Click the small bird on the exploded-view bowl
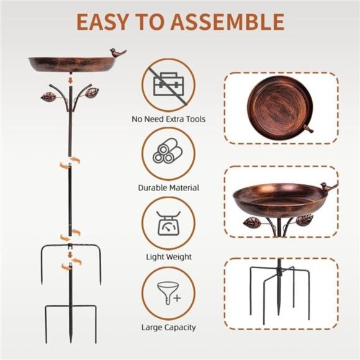[118, 53]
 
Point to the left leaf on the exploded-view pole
[48, 97]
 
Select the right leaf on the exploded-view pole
[92, 92]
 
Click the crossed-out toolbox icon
[169, 86]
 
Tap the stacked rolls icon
[168, 151]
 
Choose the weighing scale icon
[168, 223]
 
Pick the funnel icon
[169, 294]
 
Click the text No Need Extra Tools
[169, 119]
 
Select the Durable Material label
[169, 188]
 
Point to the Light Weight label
[169, 257]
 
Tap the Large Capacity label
[169, 327]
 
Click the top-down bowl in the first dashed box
[279, 107]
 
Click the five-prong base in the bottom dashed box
[279, 291]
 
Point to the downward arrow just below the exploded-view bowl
[71, 80]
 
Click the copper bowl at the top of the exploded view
[72, 65]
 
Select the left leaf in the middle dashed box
[252, 222]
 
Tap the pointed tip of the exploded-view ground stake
[71, 343]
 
